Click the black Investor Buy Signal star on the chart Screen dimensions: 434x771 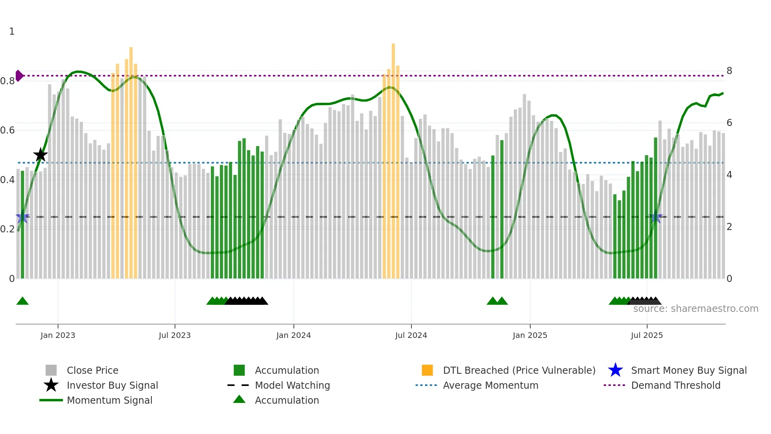(40, 155)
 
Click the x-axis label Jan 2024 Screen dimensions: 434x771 (293, 335)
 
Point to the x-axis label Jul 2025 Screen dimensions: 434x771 (647, 335)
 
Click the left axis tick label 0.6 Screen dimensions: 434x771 (7, 130)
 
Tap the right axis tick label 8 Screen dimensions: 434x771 (729, 71)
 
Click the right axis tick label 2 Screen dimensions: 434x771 (729, 227)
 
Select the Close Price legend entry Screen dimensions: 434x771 (92, 370)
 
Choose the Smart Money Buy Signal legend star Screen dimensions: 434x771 (615, 370)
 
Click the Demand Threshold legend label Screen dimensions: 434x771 (675, 385)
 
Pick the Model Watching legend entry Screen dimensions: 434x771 (292, 385)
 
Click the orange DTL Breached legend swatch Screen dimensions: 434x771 (427, 370)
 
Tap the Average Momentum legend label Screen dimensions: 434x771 (490, 385)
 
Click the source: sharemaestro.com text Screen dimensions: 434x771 (695, 309)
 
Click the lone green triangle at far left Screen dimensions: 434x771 (22, 301)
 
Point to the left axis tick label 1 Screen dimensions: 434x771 (12, 32)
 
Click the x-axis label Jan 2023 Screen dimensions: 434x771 (58, 335)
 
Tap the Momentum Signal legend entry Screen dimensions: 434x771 (109, 400)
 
